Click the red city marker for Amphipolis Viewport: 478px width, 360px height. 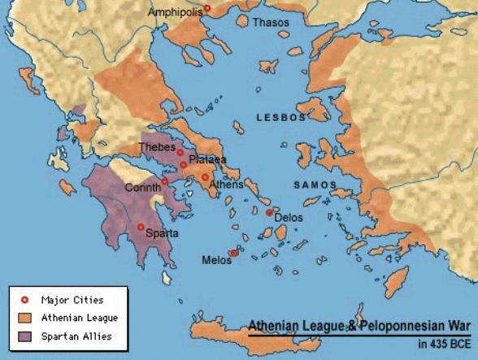[x=206, y=9]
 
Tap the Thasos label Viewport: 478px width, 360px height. [x=270, y=23]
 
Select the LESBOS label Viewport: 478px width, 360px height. [x=281, y=118]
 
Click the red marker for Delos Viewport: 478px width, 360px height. [x=269, y=212]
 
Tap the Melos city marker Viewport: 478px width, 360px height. [x=233, y=253]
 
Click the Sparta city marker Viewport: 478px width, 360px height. [x=141, y=227]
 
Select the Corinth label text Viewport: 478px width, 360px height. [x=142, y=188]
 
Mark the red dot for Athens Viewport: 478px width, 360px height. [x=206, y=176]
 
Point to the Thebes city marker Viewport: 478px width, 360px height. [x=180, y=152]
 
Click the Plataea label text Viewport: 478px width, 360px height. [x=207, y=159]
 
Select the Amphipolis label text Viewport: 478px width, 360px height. [x=174, y=13]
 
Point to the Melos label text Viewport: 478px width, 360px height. [x=215, y=260]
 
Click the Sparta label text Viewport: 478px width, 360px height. [x=163, y=233]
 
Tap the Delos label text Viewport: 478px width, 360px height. [x=289, y=218]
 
